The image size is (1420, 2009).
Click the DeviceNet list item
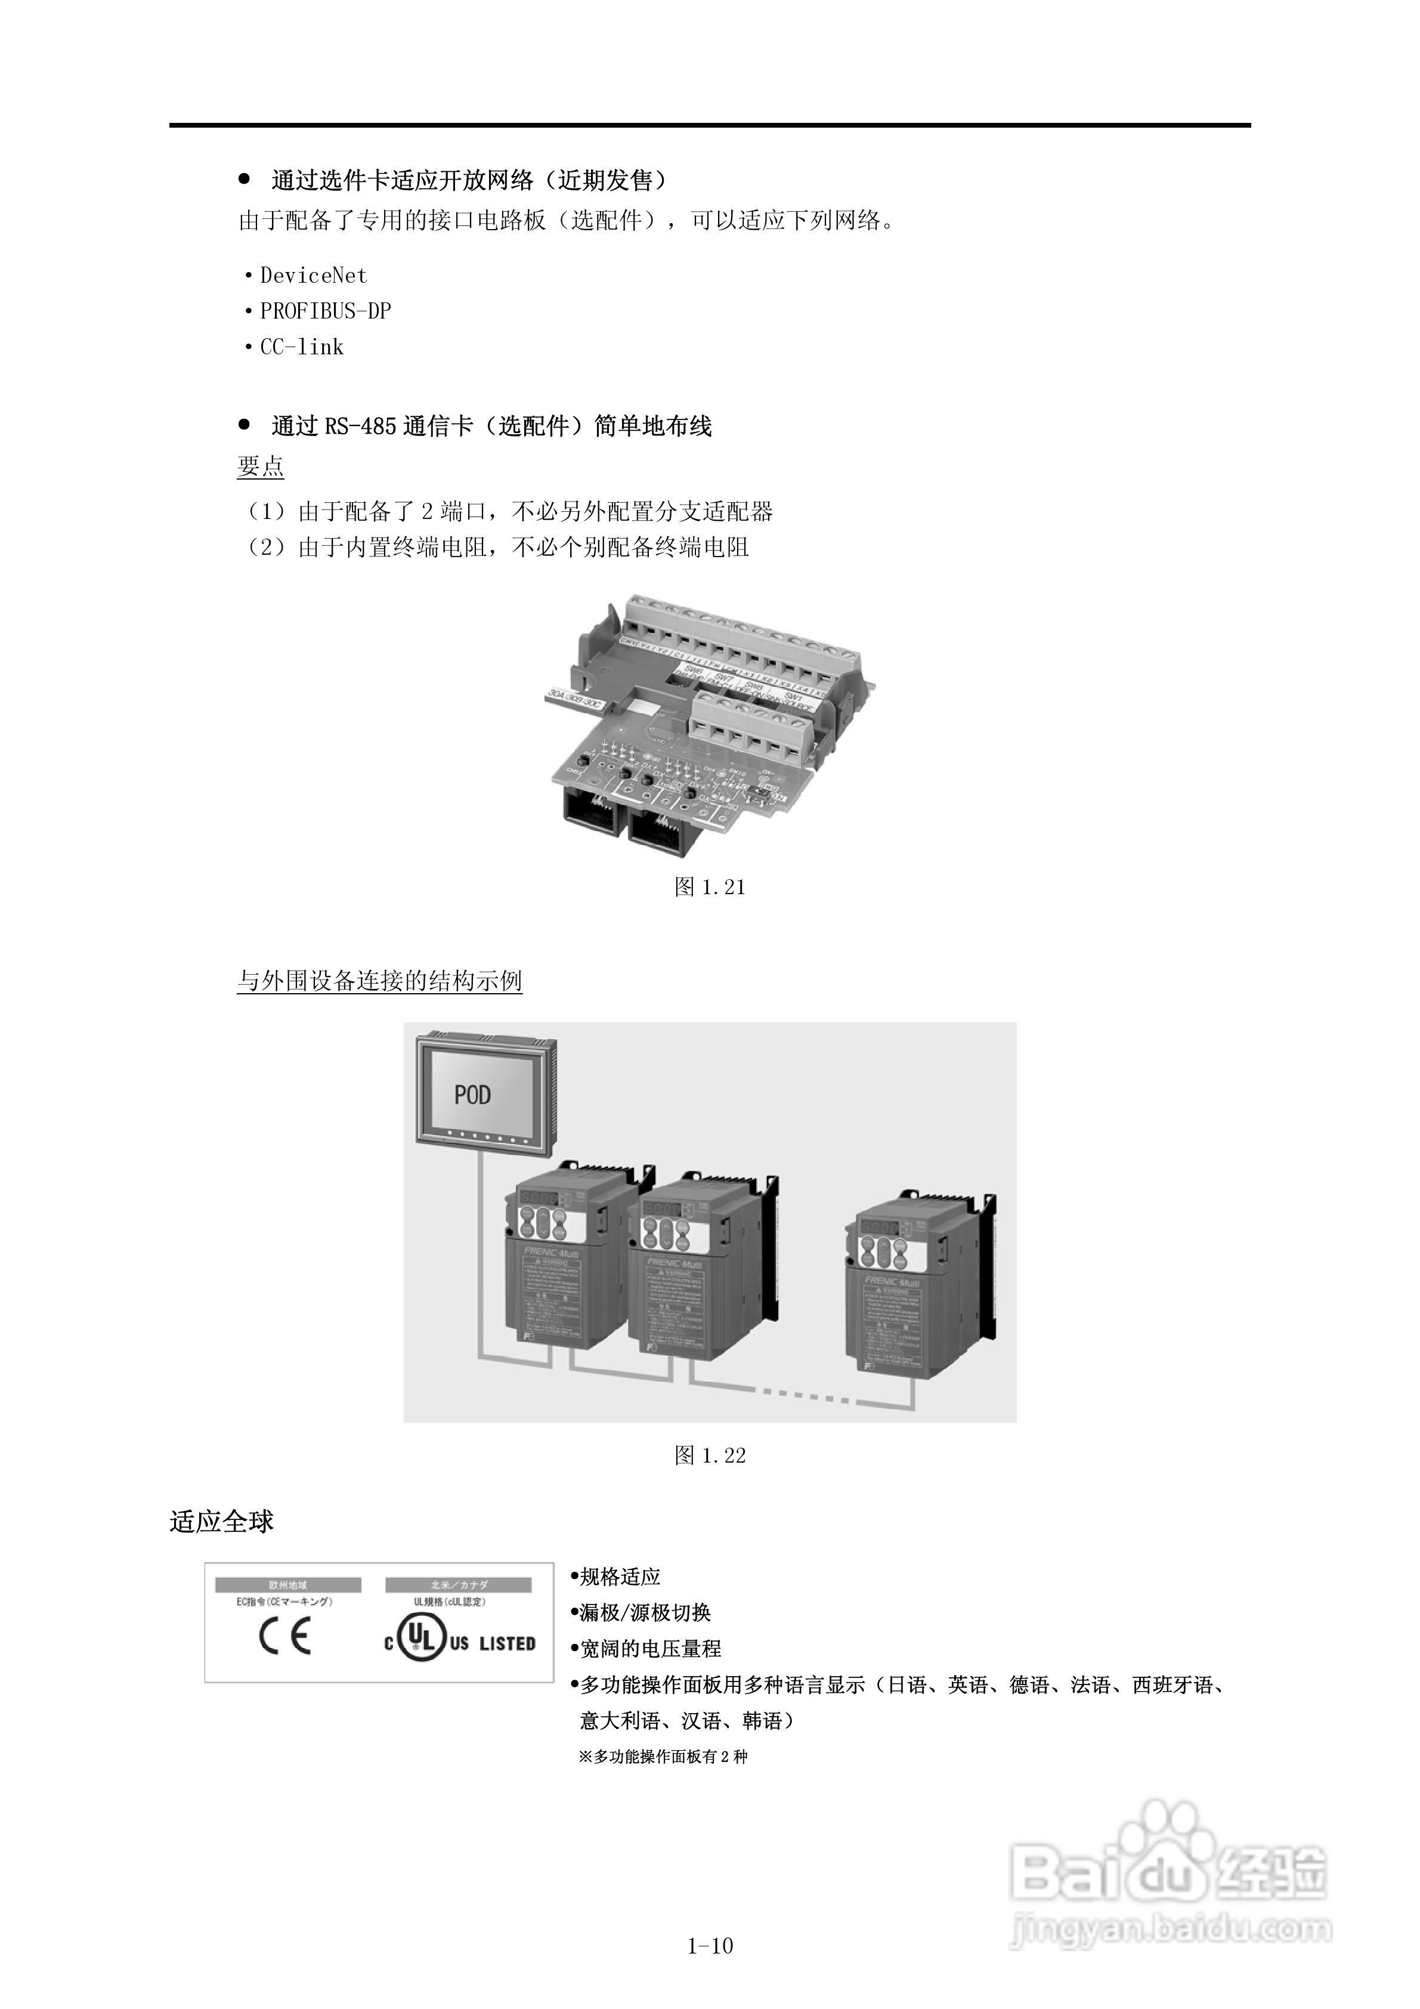(x=313, y=276)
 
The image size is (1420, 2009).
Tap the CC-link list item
(x=301, y=347)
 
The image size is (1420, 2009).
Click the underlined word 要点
(x=260, y=466)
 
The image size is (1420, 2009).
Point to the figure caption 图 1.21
(x=710, y=887)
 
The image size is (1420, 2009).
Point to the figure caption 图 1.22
(x=710, y=1455)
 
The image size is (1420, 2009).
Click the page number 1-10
(x=710, y=1946)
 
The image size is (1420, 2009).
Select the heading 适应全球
(x=221, y=1522)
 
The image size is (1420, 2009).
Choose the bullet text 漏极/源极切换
(x=645, y=1612)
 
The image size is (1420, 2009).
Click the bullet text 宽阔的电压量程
(x=650, y=1649)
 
